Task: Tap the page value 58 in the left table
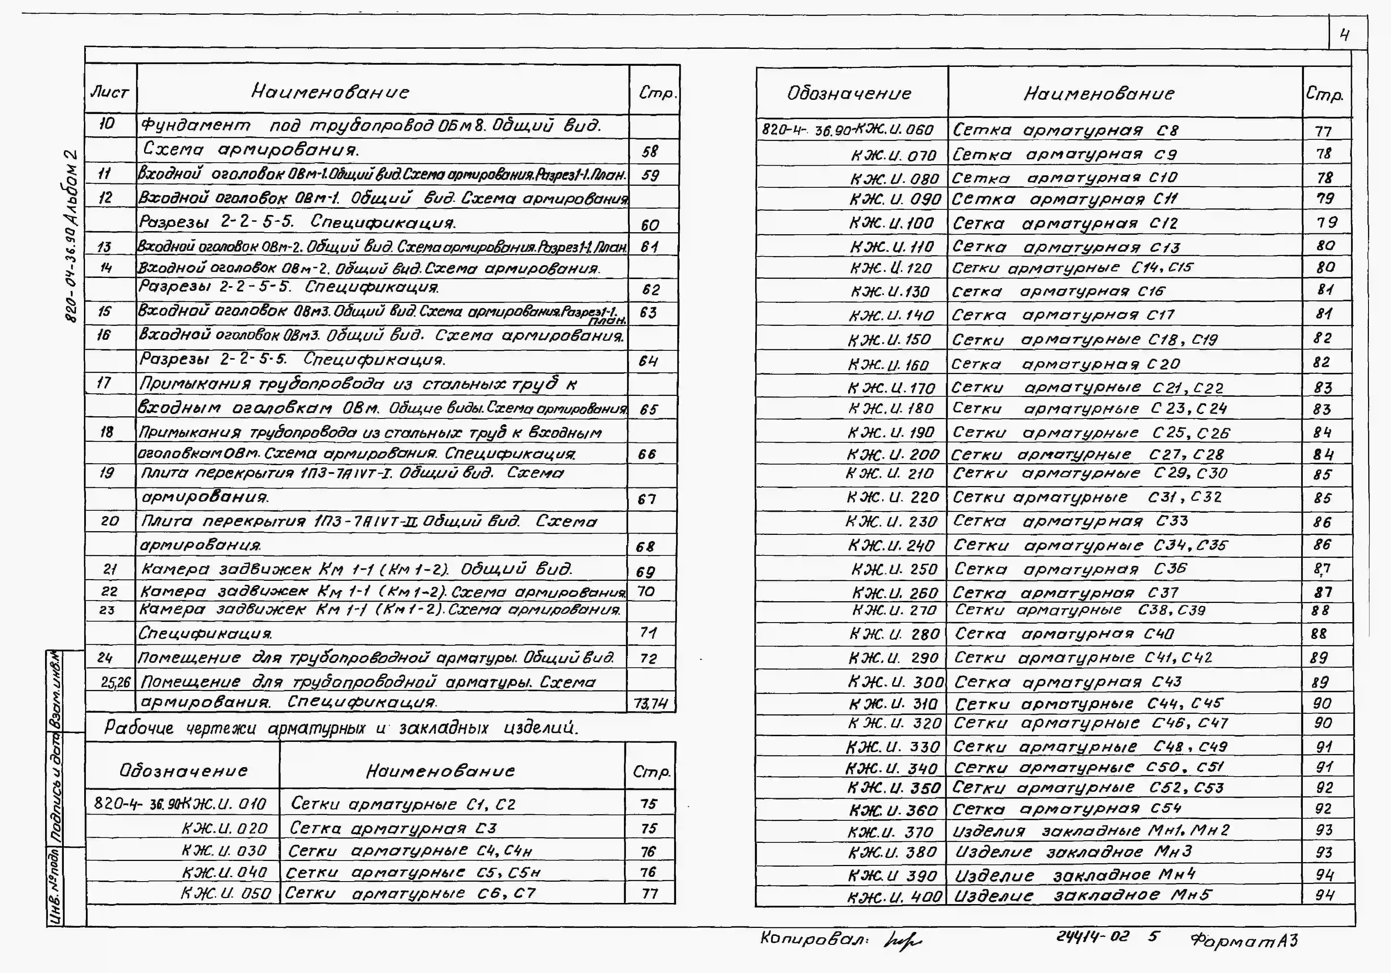(649, 151)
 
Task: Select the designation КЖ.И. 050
(226, 893)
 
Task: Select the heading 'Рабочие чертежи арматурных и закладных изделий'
(341, 727)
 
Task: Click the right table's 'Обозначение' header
(849, 93)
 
